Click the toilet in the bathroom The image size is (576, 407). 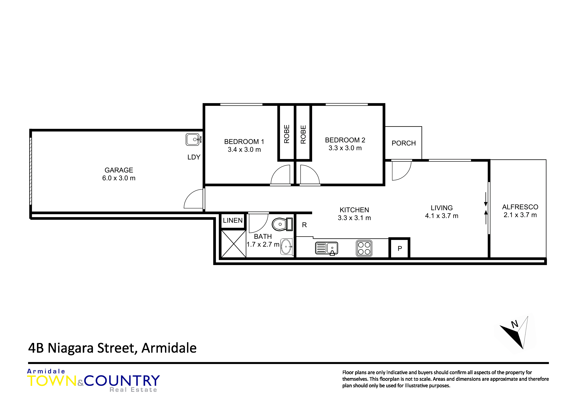coord(282,224)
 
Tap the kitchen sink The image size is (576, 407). coord(327,248)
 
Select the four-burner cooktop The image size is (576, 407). coord(364,248)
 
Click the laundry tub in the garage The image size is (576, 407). coord(193,139)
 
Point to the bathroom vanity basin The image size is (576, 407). coord(287,246)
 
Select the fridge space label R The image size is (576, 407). coord(304,225)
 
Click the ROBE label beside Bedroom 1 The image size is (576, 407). coord(287,134)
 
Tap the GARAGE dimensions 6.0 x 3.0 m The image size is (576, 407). coord(119,178)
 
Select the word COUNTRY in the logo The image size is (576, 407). coord(122,381)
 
